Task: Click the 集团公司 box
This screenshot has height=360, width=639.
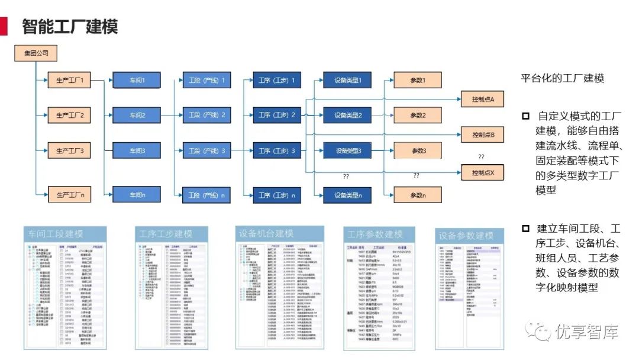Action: (x=36, y=54)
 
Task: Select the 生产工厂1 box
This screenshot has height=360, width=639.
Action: (x=69, y=81)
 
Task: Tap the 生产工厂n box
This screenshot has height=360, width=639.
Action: (x=69, y=194)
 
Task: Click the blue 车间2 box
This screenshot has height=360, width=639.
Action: (x=137, y=115)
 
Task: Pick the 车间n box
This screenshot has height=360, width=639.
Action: (x=137, y=194)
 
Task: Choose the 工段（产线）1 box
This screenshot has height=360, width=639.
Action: (x=207, y=81)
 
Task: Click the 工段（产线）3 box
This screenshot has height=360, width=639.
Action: (x=207, y=151)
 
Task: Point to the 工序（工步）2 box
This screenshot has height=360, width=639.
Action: (x=277, y=115)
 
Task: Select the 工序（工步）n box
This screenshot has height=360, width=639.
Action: (x=277, y=194)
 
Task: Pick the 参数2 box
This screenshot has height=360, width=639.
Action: (x=418, y=115)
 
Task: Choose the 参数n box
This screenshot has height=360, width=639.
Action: (x=418, y=194)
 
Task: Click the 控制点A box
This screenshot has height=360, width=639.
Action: (x=487, y=98)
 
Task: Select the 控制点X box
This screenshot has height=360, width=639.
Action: (x=487, y=173)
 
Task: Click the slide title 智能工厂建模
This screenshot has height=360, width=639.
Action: (x=70, y=27)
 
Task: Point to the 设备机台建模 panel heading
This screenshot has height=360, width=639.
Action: (x=266, y=233)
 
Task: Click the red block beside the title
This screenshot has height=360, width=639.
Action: (x=4, y=26)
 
